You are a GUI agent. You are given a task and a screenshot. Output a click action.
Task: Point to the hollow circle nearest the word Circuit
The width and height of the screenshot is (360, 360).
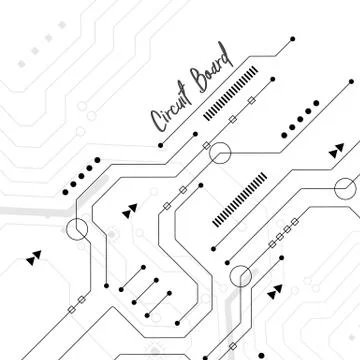click(219, 153)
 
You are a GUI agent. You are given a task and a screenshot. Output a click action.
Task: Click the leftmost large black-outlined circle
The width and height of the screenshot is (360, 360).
click(77, 232)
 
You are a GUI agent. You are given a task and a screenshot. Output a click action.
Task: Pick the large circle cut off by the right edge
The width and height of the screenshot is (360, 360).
click(349, 187)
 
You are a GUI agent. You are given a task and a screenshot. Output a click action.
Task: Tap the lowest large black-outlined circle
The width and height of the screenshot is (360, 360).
click(241, 276)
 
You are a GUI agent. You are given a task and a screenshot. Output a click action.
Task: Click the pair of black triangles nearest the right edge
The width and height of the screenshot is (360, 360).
click(336, 152)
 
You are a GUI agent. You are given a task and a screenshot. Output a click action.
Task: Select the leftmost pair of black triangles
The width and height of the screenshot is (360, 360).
click(35, 257)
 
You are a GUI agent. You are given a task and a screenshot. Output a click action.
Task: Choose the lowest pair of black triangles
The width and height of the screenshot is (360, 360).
click(274, 294)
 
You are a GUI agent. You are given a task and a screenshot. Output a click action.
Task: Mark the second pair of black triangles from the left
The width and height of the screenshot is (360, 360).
click(130, 211)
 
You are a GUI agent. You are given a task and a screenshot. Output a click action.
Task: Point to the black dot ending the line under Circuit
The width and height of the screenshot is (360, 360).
click(159, 143)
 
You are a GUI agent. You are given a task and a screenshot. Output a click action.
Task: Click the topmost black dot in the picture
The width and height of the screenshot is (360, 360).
click(292, 39)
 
